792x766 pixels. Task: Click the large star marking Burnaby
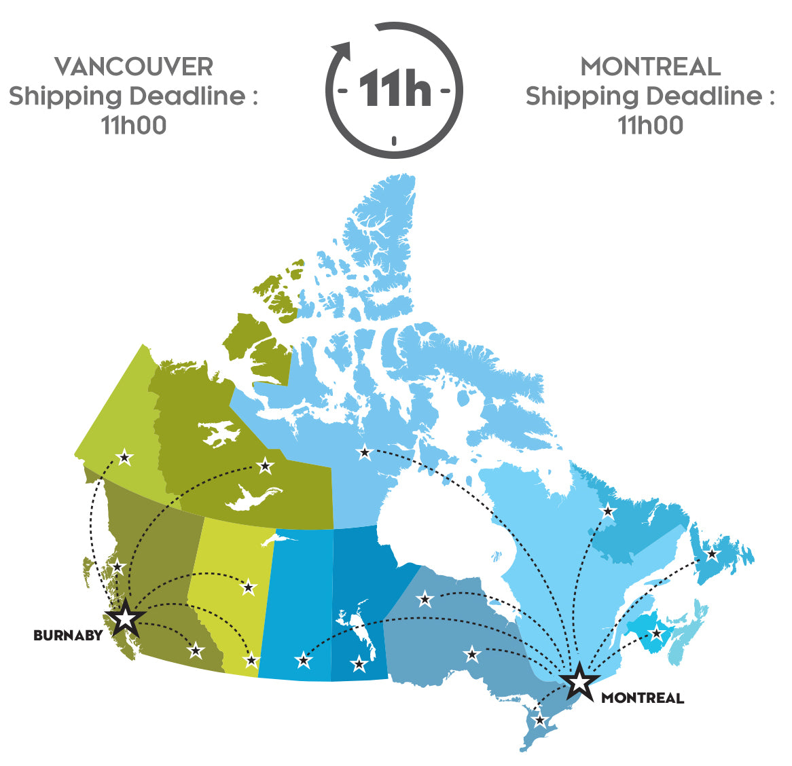126,619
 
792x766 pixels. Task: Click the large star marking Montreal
579,681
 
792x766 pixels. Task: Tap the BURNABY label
68,636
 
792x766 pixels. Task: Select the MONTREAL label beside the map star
643,698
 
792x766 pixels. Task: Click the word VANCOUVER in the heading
134,67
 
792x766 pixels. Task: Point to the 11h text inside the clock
395,89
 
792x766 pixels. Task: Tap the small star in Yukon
124,458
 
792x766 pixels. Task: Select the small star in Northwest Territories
266,466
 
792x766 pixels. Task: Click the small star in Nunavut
365,452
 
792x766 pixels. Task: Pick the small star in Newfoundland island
712,554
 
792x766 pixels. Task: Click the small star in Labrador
608,511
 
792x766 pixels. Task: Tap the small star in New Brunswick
656,634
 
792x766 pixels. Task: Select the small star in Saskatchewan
304,659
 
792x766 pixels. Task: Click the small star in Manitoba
358,663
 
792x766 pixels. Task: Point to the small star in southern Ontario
540,720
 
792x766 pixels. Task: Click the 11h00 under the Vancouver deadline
134,126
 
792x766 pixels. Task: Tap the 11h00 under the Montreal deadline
650,126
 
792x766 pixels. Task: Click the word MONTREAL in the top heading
650,67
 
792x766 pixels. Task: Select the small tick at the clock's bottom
394,141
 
